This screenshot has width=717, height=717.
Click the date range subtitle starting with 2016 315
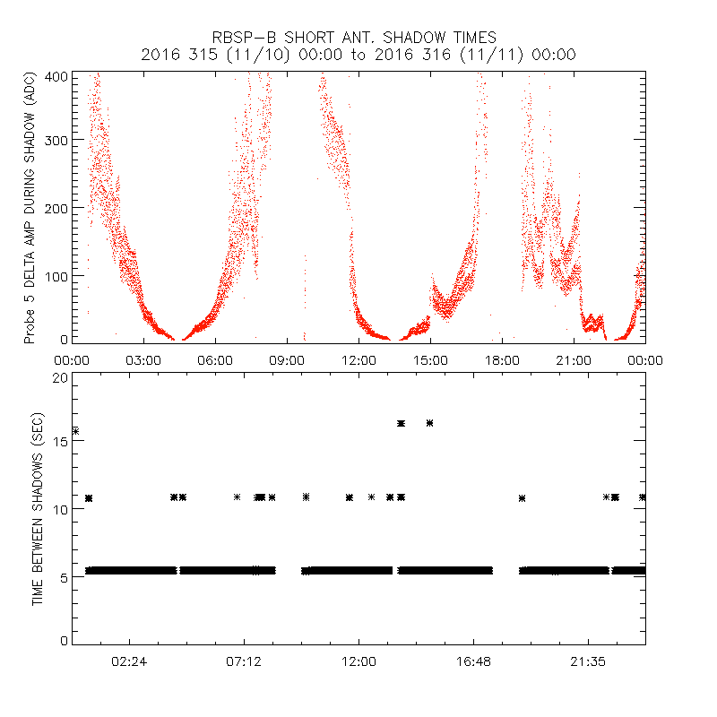click(x=358, y=55)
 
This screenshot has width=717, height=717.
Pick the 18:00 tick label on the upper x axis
click(x=502, y=360)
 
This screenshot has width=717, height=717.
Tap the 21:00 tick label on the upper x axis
click(x=574, y=360)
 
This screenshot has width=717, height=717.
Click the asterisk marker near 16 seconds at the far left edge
click(x=75, y=431)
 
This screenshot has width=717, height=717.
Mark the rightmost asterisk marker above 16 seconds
click(x=430, y=423)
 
